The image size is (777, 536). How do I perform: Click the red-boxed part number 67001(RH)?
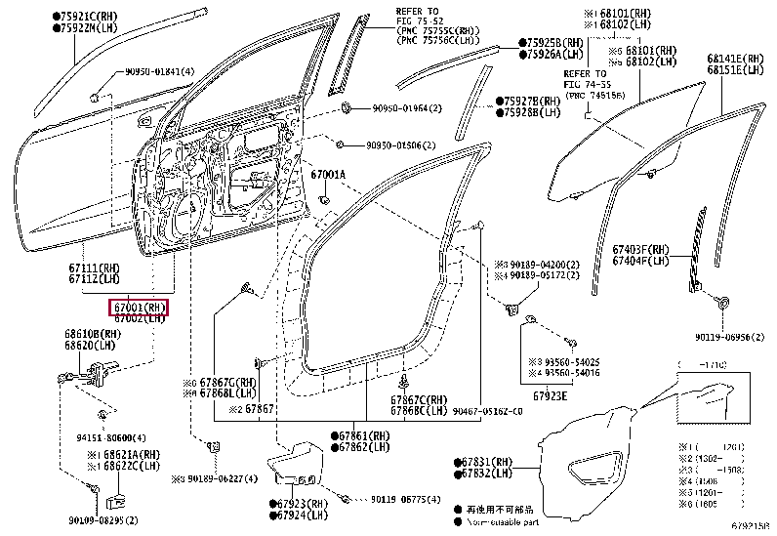tap(138, 308)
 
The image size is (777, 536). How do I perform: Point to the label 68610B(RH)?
tap(91, 333)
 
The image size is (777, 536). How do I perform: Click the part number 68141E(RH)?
tap(737, 59)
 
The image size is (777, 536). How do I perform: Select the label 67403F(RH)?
tap(641, 249)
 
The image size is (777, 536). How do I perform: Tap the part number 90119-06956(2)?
tap(722, 337)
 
